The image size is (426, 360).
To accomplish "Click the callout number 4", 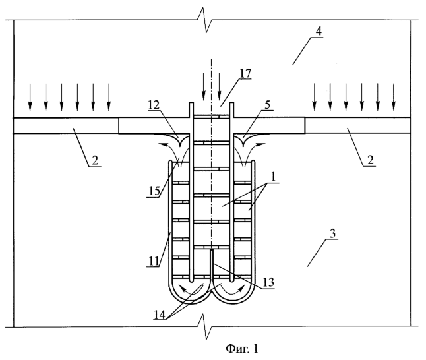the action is click(x=319, y=31).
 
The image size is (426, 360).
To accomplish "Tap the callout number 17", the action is click(x=245, y=73).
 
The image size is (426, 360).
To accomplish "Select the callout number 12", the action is click(x=154, y=105).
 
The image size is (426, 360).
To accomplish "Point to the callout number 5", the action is click(x=268, y=105).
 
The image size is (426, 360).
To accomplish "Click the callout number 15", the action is click(x=154, y=191).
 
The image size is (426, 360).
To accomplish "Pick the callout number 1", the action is click(x=273, y=177).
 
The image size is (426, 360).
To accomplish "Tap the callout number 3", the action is click(x=333, y=233).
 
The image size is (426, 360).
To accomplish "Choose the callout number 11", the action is click(x=154, y=261).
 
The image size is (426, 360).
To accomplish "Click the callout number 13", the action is click(x=268, y=283).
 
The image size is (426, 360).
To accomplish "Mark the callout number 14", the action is click(x=160, y=315).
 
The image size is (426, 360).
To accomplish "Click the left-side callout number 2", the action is click(x=95, y=160).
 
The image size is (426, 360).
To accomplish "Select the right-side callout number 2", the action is click(x=371, y=160).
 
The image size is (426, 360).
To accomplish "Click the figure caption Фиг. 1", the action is click(x=242, y=349).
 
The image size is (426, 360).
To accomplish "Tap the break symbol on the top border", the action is click(x=205, y=20).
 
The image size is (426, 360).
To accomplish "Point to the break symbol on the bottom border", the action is click(x=205, y=327).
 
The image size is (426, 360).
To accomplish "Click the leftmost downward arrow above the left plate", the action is click(x=30, y=98).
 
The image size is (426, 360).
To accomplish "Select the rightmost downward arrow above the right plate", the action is click(x=393, y=98).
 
